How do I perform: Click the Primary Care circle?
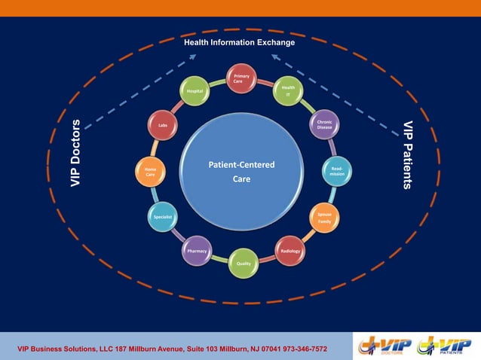[242, 79]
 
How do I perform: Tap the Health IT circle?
[288, 90]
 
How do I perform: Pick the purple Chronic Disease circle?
[324, 124]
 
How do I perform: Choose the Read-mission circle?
[337, 172]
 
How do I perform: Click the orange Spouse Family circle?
[324, 218]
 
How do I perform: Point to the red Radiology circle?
[290, 251]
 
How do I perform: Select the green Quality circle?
[244, 263]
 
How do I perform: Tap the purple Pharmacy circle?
[197, 251]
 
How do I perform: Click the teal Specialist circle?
[163, 217]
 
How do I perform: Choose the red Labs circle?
[162, 125]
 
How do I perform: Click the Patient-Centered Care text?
[241, 172]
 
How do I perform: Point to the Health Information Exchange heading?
[240, 43]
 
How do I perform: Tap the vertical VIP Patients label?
[407, 154]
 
